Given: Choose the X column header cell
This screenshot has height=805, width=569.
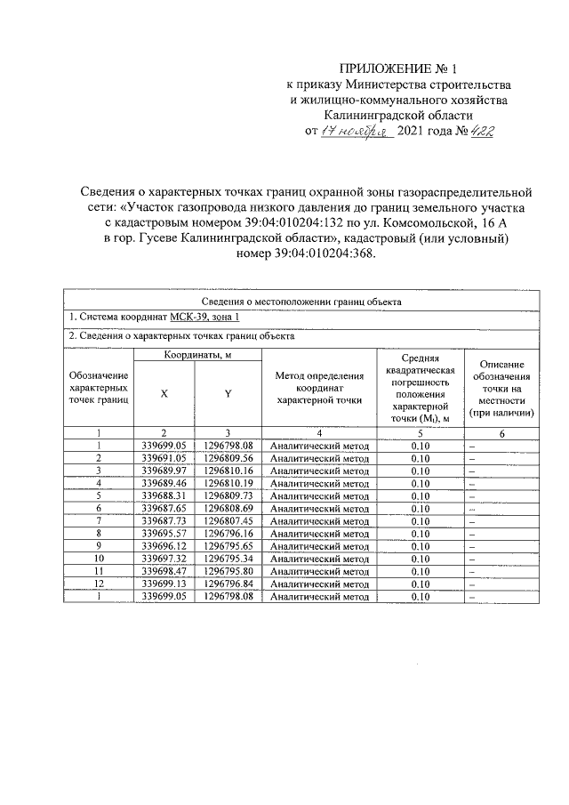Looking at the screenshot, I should point(164,394).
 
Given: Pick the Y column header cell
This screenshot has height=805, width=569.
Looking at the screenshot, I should point(228,394).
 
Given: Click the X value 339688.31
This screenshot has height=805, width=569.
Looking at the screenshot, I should point(164,495).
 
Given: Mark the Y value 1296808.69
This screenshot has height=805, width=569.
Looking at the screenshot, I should point(228,508).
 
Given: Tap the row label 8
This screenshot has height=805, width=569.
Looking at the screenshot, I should point(100,533).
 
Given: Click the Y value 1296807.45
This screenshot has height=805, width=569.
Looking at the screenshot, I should point(228,520).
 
